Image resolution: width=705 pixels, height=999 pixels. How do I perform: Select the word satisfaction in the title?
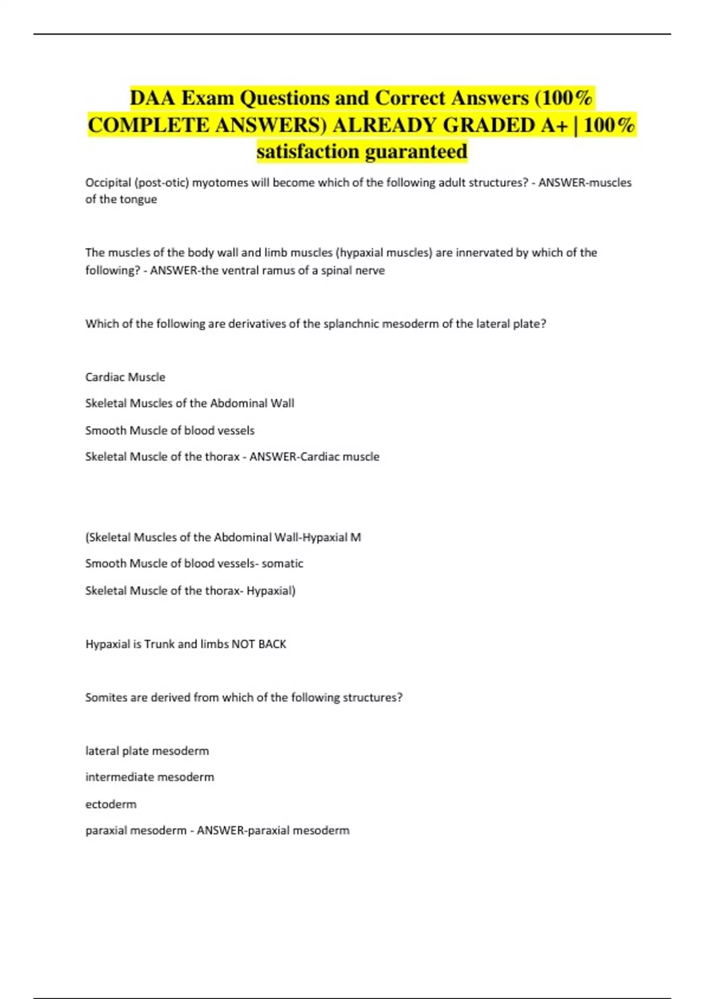point(308,152)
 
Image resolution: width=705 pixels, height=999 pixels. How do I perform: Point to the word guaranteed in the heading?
point(416,152)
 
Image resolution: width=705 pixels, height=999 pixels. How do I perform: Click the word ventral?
point(240,270)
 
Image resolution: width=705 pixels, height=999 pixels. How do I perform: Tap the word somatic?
point(283,564)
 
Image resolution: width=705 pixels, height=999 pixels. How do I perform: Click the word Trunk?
point(160,644)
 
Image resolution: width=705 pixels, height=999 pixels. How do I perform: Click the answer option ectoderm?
point(111,804)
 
